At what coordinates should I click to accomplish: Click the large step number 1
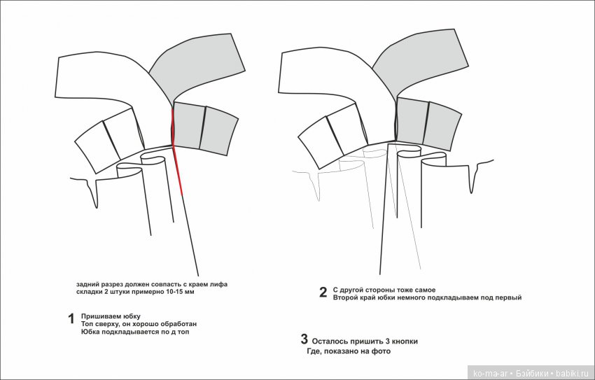pos(71,319)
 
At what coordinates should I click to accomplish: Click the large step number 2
pos(323,293)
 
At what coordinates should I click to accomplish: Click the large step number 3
pos(304,339)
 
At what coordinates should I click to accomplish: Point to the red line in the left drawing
pos(176,152)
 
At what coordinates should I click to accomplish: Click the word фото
pos(381,351)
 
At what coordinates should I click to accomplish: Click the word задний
pos(88,284)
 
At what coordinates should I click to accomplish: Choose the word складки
pos(89,292)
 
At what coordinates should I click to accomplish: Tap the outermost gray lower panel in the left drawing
pos(219,132)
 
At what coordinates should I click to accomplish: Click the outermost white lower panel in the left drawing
pos(97,146)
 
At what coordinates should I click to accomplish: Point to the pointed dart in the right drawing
pos(472,178)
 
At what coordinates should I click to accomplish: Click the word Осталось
pos(329,342)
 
